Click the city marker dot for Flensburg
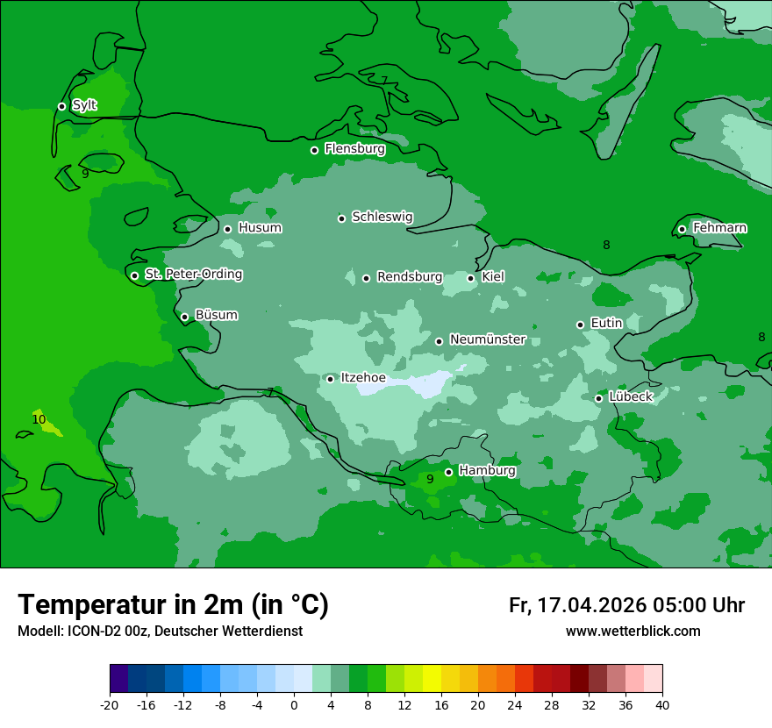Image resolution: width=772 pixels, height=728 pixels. pyautogui.click(x=314, y=150)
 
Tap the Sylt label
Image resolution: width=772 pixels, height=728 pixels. pyautogui.click(x=84, y=105)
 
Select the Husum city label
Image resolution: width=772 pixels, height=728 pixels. pyautogui.click(x=260, y=228)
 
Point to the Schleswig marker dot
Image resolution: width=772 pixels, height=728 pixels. pyautogui.click(x=341, y=218)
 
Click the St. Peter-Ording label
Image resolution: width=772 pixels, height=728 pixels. pyautogui.click(x=193, y=275)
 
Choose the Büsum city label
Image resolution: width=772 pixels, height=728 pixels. pyautogui.click(x=216, y=315)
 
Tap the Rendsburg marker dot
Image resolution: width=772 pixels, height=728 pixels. pyautogui.click(x=366, y=279)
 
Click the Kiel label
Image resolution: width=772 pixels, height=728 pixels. pyautogui.click(x=492, y=277)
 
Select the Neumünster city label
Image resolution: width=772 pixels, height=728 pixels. pyautogui.click(x=487, y=339)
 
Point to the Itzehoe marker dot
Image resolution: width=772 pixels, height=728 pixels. pyautogui.click(x=330, y=379)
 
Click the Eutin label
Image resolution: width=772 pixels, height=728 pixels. pyautogui.click(x=606, y=324)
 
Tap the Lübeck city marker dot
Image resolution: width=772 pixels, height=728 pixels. pyautogui.click(x=598, y=398)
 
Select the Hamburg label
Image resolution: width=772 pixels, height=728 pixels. pyautogui.click(x=487, y=471)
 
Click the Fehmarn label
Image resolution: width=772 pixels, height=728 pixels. pyautogui.click(x=719, y=228)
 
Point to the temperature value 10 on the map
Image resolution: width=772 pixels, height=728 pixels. pyautogui.click(x=39, y=420)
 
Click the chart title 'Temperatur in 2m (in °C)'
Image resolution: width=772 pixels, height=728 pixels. pyautogui.click(x=173, y=605)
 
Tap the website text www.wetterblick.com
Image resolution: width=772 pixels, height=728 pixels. pyautogui.click(x=633, y=632)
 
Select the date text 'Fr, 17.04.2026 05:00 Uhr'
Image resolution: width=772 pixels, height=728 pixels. pyautogui.click(x=626, y=605)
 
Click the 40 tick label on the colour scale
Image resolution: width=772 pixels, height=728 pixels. pyautogui.click(x=661, y=705)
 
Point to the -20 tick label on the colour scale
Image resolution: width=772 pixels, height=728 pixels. pyautogui.click(x=110, y=705)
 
